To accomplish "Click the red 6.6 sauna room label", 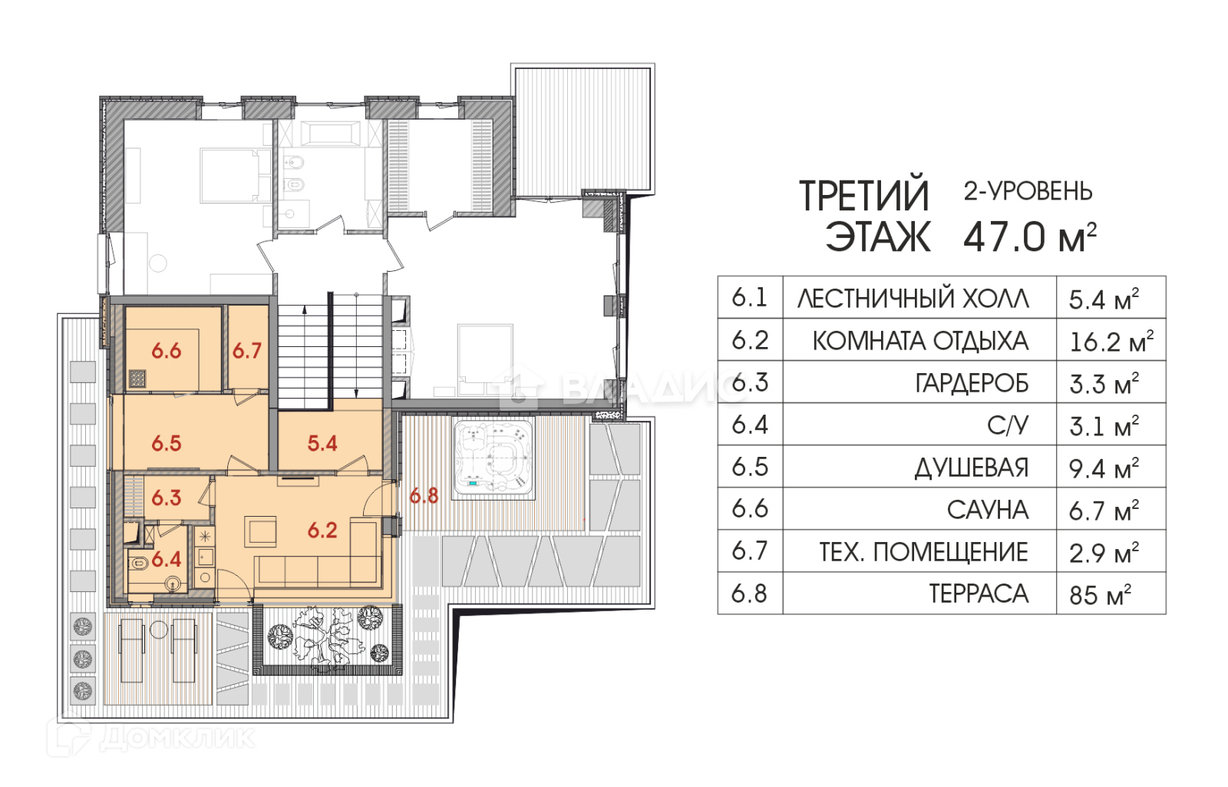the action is (x=166, y=351).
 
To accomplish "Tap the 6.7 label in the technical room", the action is (x=246, y=351).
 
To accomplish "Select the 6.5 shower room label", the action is (x=166, y=443).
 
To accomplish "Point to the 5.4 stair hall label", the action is (x=322, y=443).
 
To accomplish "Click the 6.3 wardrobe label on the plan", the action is (x=166, y=498).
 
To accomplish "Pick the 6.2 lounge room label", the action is (x=322, y=531).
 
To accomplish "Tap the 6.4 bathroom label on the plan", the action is (x=166, y=560).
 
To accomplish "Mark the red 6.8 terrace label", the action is (x=424, y=496).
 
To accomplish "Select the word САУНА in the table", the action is (x=987, y=511).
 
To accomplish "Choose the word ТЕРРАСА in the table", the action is (x=979, y=594).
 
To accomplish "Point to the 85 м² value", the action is (x=1101, y=595).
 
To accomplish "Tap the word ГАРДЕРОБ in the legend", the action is (x=972, y=384).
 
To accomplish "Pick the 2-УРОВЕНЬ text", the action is (x=1028, y=191).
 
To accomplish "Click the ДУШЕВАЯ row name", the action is (x=972, y=468).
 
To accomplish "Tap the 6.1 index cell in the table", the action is (x=749, y=298).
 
